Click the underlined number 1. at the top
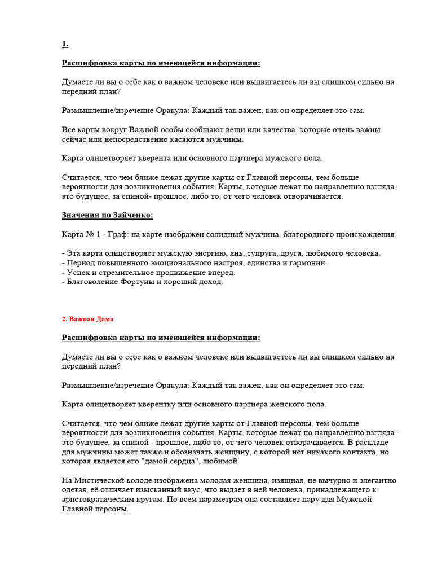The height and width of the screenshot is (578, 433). tap(65, 43)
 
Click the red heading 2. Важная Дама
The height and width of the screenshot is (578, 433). tap(87, 319)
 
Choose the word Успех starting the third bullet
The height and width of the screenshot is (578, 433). tap(77, 272)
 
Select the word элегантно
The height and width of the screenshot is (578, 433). tap(377, 480)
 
